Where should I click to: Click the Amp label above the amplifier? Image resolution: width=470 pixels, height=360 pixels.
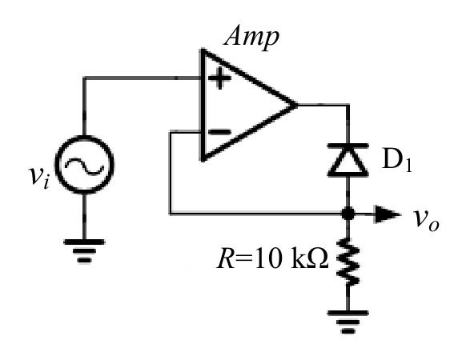[x=251, y=38]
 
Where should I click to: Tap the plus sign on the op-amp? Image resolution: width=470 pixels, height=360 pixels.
[x=219, y=78]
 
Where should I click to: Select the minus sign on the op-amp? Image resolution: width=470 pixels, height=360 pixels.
[x=219, y=132]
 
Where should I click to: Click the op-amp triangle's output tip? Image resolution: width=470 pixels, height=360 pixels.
[x=297, y=105]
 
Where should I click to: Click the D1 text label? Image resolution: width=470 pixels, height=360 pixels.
[x=396, y=161]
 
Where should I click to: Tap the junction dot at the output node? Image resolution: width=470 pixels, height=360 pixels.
[x=347, y=214]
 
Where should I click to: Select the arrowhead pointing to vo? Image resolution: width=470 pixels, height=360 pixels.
[x=388, y=214]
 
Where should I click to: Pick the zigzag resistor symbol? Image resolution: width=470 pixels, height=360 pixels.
[x=347, y=261]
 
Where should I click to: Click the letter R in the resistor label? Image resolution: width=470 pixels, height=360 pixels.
[x=226, y=258]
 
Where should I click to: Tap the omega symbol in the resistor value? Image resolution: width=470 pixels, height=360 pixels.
[x=318, y=258]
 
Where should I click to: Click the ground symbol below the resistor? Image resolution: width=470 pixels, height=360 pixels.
[x=347, y=322]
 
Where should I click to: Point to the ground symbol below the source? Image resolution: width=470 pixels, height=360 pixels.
[x=84, y=251]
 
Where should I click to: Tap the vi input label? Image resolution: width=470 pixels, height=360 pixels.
[x=39, y=178]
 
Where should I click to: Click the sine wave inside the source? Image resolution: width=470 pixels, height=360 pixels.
[x=84, y=166]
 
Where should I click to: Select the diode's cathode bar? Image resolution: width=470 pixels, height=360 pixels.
[x=347, y=146]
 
